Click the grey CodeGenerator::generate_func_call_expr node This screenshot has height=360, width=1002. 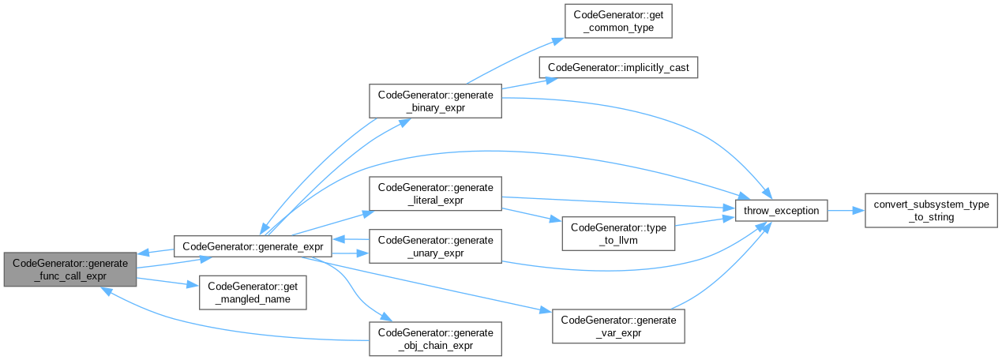click(69, 269)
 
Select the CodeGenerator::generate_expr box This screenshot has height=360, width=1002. click(253, 246)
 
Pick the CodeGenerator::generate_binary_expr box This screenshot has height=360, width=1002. click(436, 101)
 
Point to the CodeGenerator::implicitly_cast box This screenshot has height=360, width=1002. click(618, 68)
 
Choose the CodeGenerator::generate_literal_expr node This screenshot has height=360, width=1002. click(436, 194)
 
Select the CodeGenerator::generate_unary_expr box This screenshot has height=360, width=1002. click(436, 246)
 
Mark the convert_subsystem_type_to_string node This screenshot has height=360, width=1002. click(928, 211)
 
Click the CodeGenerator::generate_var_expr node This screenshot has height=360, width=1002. click(618, 326)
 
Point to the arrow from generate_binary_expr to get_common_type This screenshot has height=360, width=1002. click(513, 59)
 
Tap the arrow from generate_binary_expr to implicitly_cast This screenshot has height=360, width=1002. click(521, 84)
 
